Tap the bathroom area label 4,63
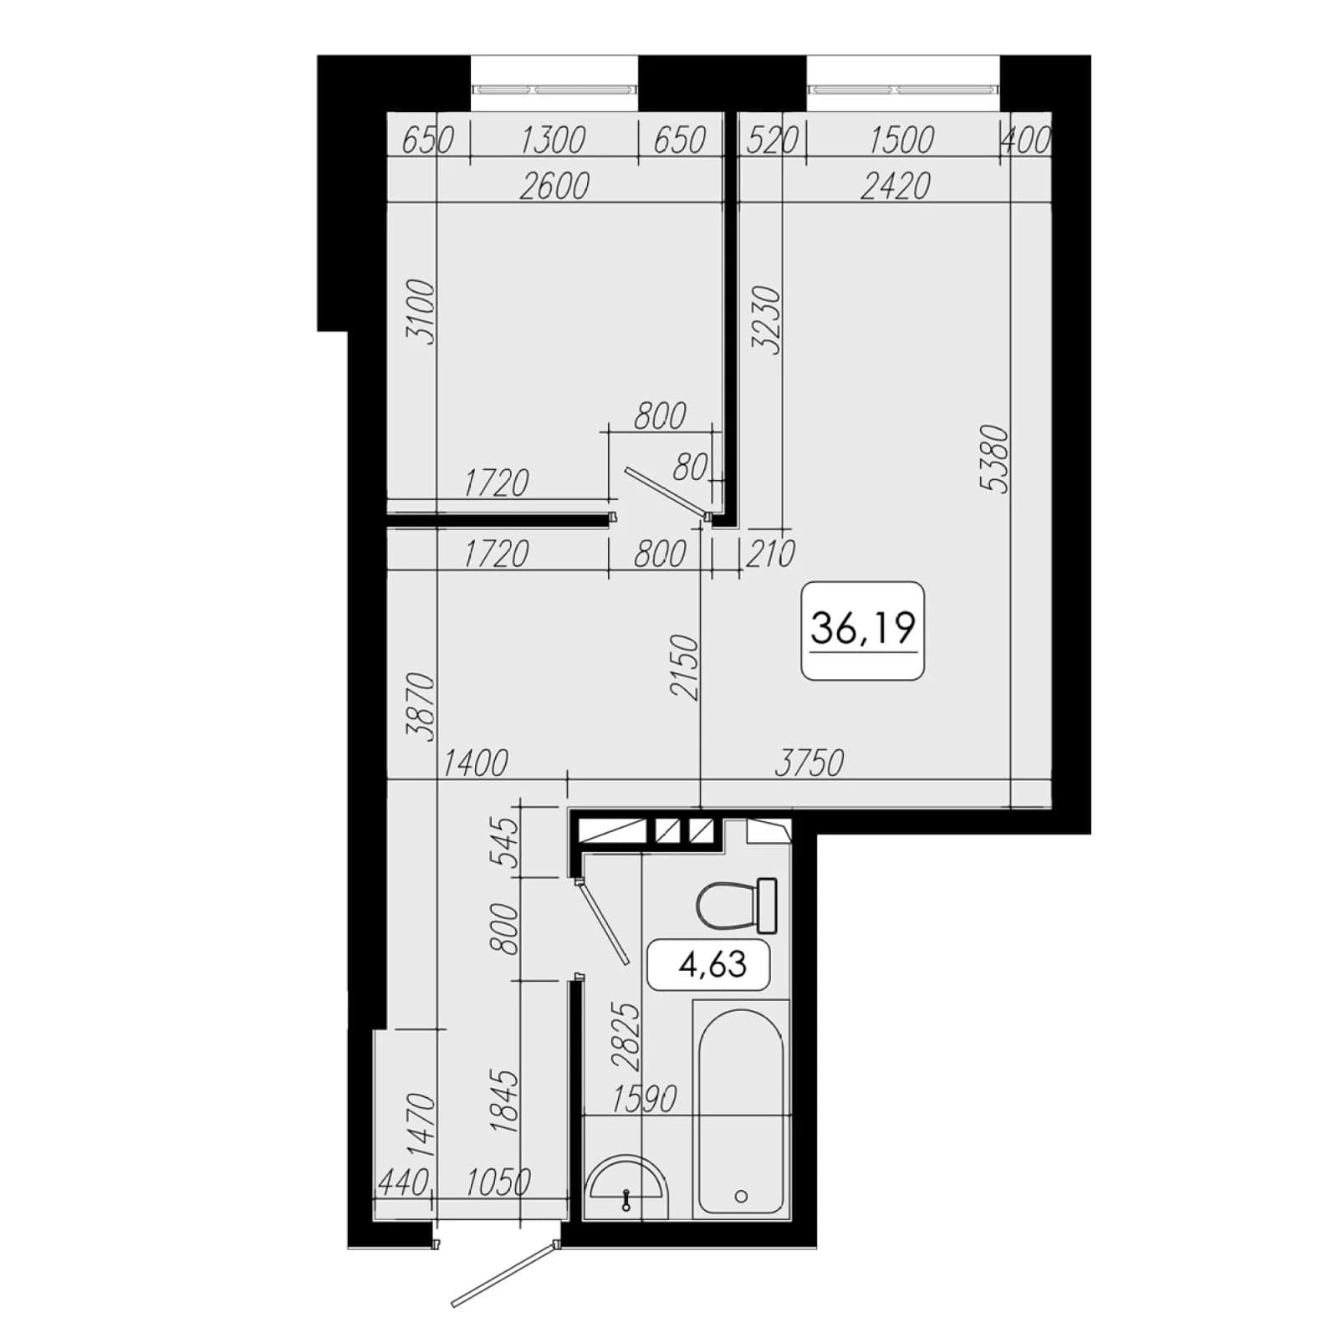712,964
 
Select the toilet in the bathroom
737,905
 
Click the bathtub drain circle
741,1197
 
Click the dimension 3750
809,763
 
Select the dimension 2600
554,186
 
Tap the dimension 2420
896,186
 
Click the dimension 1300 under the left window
553,140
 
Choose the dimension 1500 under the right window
901,140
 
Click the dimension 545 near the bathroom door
506,843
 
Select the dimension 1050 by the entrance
498,1182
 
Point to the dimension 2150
683,666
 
